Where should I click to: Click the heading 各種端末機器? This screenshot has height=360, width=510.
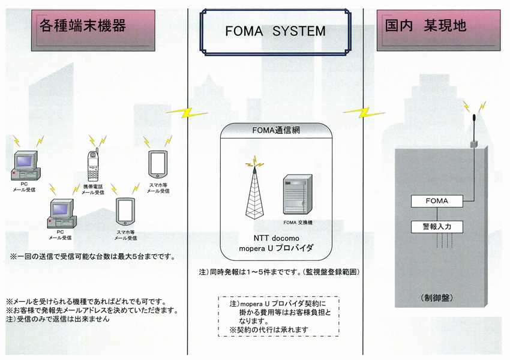(82, 25)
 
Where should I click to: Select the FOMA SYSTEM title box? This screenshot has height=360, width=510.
(275, 31)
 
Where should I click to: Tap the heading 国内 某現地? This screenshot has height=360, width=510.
(427, 26)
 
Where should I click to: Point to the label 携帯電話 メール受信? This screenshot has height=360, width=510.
(92, 190)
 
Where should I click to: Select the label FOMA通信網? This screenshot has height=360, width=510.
(275, 130)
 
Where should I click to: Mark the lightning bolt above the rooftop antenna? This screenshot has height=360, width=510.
(468, 107)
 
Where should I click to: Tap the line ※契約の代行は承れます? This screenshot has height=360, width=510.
(269, 329)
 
